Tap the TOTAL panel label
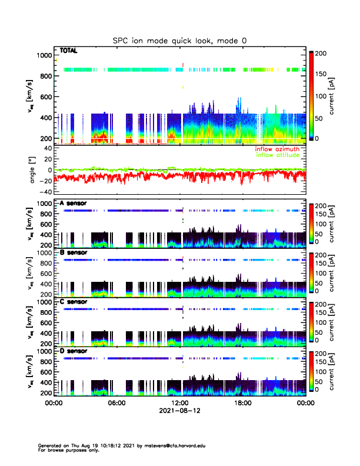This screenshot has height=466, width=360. point(69,51)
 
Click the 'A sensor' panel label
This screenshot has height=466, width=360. point(74,203)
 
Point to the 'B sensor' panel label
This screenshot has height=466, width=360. point(74,252)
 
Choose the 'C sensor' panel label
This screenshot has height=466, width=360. point(74,301)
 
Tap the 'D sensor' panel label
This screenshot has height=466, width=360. point(74,350)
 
